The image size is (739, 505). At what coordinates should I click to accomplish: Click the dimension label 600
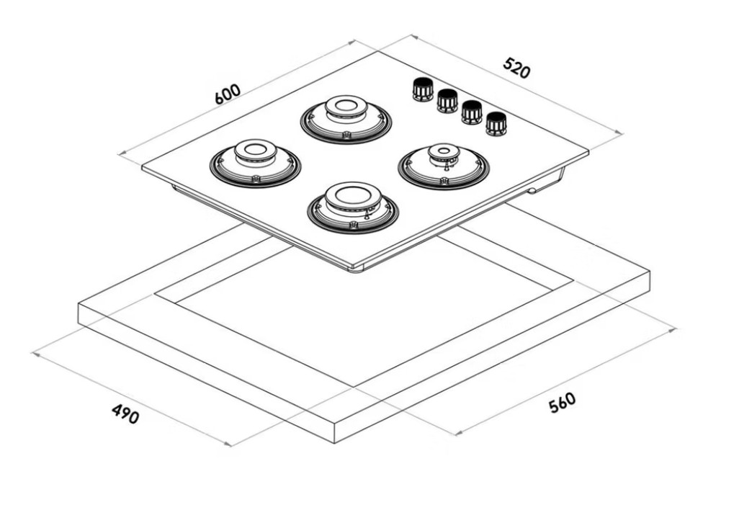(x=228, y=95)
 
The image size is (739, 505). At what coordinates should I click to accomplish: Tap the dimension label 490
(x=125, y=414)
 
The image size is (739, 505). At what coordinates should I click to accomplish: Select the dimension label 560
(x=563, y=402)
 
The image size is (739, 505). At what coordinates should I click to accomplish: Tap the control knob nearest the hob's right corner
(x=496, y=123)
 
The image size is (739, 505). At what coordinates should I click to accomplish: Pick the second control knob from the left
(x=447, y=100)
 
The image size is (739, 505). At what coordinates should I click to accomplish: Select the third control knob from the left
(x=471, y=112)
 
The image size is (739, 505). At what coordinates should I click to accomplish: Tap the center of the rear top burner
(x=345, y=107)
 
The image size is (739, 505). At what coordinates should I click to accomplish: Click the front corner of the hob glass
(x=353, y=268)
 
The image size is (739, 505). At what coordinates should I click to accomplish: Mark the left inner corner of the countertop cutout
(x=155, y=295)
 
